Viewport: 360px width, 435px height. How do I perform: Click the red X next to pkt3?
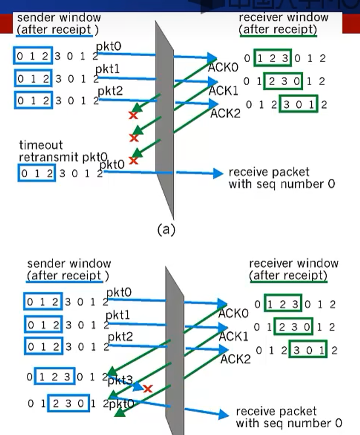point(147,388)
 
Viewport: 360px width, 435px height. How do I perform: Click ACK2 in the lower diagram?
point(236,359)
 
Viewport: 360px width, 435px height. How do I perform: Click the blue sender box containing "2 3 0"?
point(67,404)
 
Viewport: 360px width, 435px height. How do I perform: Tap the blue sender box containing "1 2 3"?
point(55,377)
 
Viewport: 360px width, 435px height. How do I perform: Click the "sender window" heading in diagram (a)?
point(59,18)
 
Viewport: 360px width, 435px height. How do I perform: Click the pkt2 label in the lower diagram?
point(119,336)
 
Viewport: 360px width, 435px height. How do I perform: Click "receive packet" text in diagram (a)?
point(269,173)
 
